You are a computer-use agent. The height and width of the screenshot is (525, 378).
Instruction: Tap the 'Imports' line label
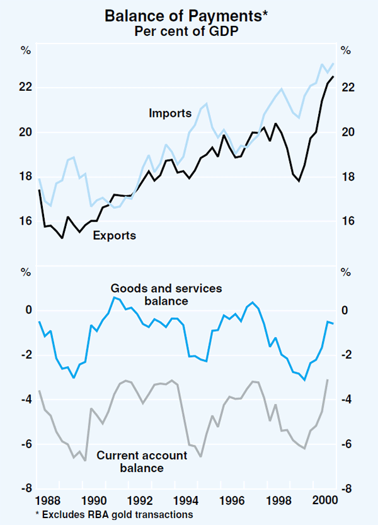(170, 114)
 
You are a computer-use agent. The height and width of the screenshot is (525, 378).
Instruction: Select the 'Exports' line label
(114, 235)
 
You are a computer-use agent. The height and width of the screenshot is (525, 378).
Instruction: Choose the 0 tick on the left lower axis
(28, 310)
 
